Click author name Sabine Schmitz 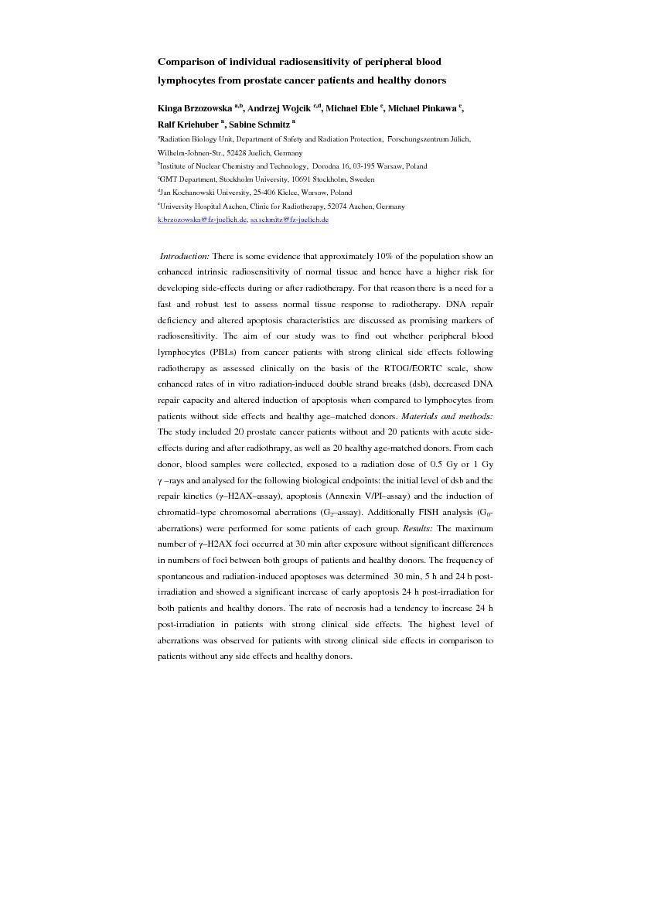click(259, 124)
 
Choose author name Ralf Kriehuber click(188, 124)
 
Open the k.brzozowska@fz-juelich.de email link click(203, 220)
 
